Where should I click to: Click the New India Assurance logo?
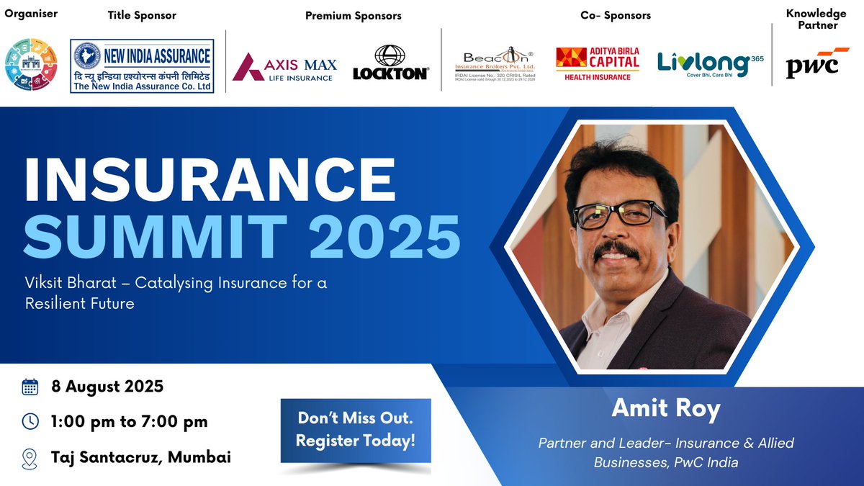point(142,66)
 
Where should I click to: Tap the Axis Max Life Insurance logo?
point(284,67)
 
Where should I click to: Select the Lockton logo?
point(391,63)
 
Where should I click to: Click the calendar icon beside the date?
point(30,387)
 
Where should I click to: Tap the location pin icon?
point(30,457)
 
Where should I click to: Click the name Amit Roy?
point(666,408)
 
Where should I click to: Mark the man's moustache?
point(616,248)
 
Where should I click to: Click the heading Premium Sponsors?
point(354,15)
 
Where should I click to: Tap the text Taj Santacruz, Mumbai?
point(141,457)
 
